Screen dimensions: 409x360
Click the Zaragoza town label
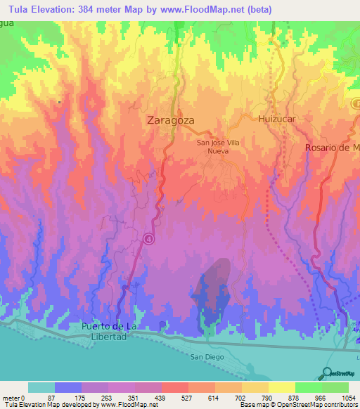(x=170, y=120)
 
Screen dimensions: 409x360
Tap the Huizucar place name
(x=276, y=119)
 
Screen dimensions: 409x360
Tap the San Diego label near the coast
(x=207, y=357)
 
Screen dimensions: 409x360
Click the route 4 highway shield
(x=149, y=239)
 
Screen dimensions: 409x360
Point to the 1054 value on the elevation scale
(x=339, y=397)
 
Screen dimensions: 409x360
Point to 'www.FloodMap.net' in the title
(x=203, y=9)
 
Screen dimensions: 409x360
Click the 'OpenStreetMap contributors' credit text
(x=320, y=405)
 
